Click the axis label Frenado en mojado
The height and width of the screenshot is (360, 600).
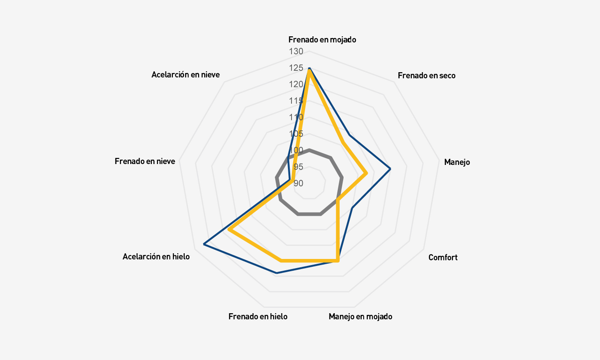click(322, 39)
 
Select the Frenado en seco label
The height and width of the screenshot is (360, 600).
click(426, 76)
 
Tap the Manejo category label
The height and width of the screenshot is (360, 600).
click(457, 162)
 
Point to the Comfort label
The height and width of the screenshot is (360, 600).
click(443, 257)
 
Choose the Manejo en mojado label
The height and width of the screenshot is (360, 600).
click(360, 316)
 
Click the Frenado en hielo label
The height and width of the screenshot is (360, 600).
click(258, 316)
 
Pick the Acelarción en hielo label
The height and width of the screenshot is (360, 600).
click(156, 257)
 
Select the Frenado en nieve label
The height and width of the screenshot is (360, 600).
click(145, 161)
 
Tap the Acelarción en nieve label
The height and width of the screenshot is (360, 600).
click(186, 75)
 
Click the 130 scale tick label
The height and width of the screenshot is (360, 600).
click(296, 52)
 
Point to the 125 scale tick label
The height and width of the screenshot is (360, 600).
click(296, 68)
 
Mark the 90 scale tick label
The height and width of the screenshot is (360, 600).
click(298, 183)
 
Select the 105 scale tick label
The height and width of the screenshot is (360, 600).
click(296, 134)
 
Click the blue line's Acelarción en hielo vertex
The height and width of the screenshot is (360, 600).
click(204, 245)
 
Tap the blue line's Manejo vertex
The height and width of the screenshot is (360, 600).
click(390, 169)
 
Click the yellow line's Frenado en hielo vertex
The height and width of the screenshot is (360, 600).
click(281, 261)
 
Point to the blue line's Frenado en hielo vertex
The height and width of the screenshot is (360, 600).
click(277, 273)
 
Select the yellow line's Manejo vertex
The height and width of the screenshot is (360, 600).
click(366, 173)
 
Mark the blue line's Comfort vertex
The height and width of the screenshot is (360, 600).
click(352, 208)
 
